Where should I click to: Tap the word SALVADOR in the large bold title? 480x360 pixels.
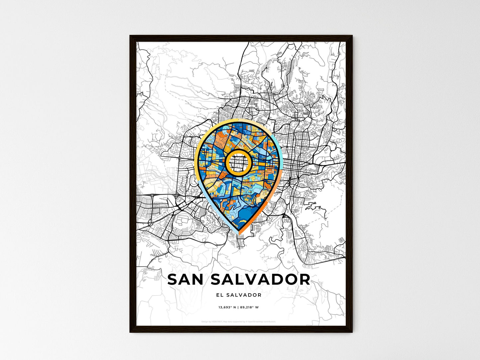point(261,280)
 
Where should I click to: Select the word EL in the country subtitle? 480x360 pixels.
point(220,295)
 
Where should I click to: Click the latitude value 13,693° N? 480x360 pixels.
point(227,307)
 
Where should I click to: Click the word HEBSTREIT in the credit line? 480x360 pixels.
point(217,321)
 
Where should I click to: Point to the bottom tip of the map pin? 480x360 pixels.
point(239,233)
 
